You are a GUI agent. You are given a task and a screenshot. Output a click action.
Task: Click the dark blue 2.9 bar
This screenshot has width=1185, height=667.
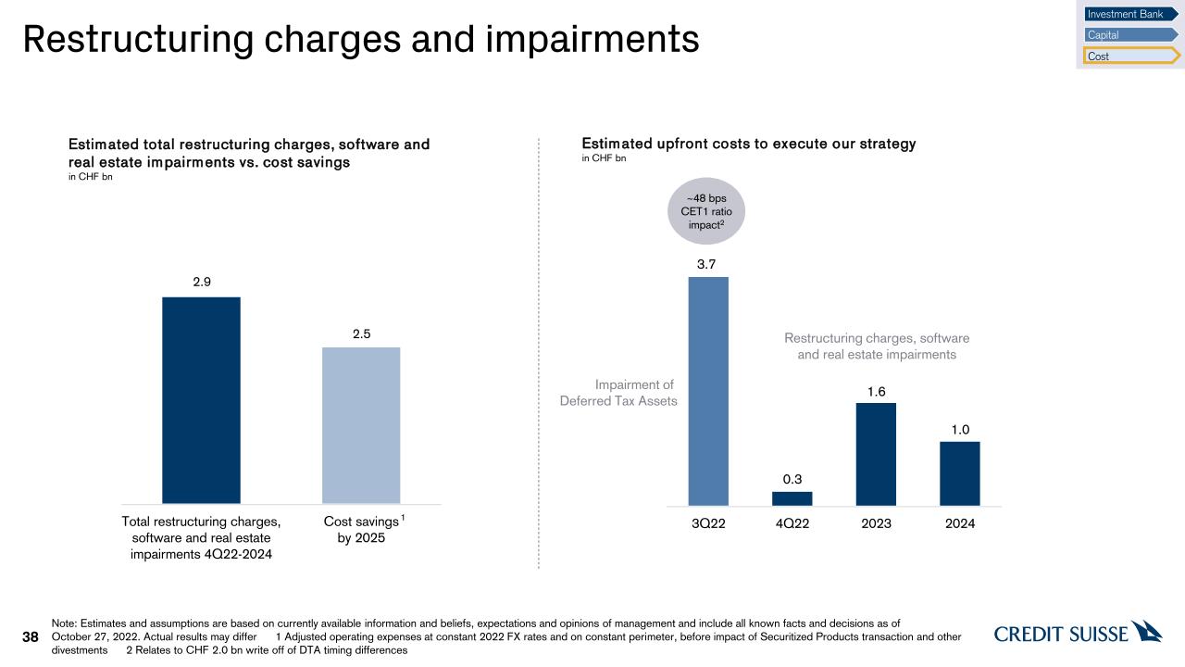pyautogui.click(x=201, y=399)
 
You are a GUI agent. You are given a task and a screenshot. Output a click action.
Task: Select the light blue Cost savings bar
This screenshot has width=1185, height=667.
pyautogui.click(x=361, y=425)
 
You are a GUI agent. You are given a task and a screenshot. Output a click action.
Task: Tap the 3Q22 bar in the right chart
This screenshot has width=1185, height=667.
pyautogui.click(x=708, y=391)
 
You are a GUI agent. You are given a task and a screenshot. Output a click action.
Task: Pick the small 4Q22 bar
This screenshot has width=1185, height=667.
pyautogui.click(x=792, y=498)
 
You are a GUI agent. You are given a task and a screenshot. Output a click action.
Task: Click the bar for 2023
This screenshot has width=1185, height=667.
pyautogui.click(x=876, y=454)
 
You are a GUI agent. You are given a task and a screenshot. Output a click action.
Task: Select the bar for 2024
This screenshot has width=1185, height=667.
pyautogui.click(x=959, y=473)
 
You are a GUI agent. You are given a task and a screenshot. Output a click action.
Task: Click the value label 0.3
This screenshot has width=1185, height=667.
pyautogui.click(x=792, y=479)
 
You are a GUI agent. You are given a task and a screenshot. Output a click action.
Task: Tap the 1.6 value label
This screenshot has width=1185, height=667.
pyautogui.click(x=876, y=392)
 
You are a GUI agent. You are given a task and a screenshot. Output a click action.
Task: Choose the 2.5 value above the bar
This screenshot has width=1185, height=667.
pyautogui.click(x=361, y=334)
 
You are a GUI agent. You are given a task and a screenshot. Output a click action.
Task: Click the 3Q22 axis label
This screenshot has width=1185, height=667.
pyautogui.click(x=708, y=523)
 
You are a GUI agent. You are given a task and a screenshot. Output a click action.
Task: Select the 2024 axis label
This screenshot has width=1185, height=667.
pyautogui.click(x=959, y=523)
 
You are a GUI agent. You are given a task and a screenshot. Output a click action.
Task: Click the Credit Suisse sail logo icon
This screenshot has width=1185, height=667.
pyautogui.click(x=1147, y=631)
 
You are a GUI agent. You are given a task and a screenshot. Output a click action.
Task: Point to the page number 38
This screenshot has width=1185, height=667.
pyautogui.click(x=31, y=637)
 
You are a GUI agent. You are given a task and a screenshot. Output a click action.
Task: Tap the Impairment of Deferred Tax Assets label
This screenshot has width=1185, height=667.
pyautogui.click(x=618, y=393)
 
